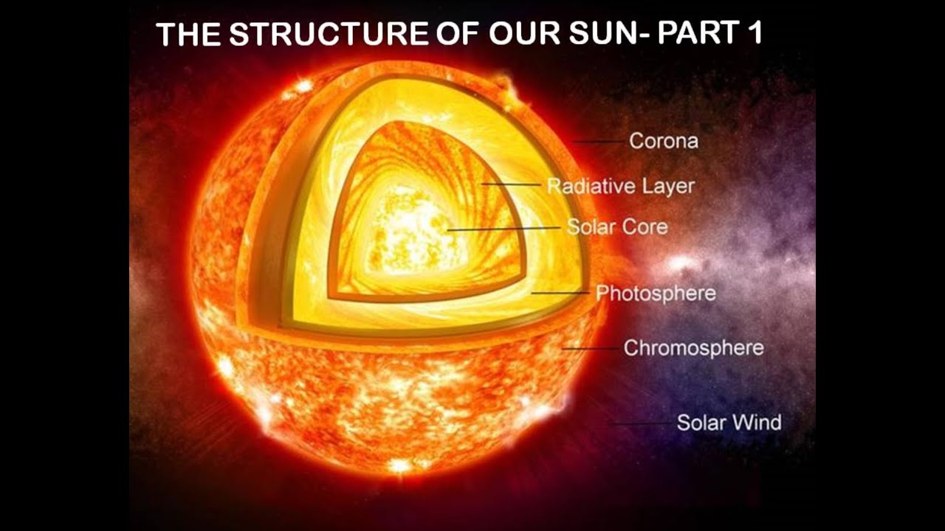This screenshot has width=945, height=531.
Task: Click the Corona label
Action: click(664, 141)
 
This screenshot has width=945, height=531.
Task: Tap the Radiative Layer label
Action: click(621, 187)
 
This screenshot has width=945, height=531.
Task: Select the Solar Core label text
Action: click(618, 226)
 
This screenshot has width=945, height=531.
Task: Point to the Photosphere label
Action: click(656, 294)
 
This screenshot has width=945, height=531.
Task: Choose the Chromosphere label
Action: click(693, 348)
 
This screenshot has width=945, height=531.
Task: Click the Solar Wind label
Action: click(729, 423)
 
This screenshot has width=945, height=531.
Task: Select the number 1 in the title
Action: click(755, 33)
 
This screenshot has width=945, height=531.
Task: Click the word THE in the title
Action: click(188, 34)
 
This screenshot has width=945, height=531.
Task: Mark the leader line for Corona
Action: click(598, 142)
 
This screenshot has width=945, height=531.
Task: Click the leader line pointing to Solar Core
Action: click(504, 229)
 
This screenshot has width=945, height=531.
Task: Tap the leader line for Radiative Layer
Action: click(511, 184)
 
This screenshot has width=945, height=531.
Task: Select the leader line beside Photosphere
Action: click(560, 293)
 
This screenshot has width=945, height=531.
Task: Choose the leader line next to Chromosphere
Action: click(590, 349)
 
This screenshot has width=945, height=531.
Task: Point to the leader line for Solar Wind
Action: click(640, 423)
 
